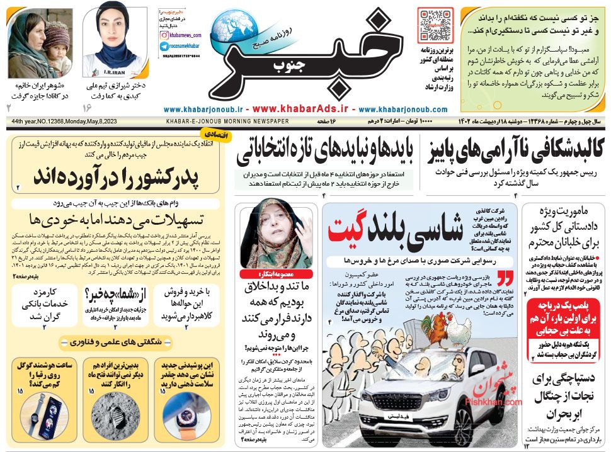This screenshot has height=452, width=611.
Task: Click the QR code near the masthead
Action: (x=435, y=25)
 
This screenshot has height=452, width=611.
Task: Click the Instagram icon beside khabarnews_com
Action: (x=163, y=36)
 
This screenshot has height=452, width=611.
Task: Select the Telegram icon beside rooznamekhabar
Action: (x=163, y=46)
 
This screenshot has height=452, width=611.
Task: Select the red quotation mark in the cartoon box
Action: (x=505, y=278)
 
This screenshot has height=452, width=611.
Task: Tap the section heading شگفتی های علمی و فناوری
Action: (x=117, y=342)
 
